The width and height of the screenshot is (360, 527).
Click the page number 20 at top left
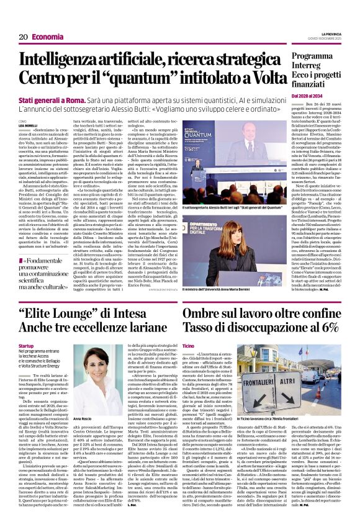(23, 37)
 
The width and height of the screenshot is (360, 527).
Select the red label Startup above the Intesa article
(25, 345)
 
